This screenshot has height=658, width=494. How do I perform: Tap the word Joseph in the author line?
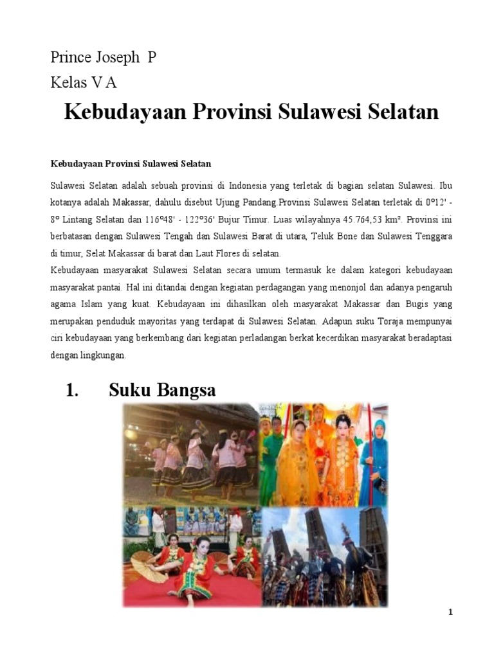(117, 58)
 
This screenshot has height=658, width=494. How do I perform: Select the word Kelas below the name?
(69, 82)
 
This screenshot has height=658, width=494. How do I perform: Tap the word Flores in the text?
(228, 254)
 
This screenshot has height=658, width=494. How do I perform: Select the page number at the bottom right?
(450, 612)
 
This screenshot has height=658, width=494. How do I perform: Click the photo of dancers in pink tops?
(191, 454)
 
